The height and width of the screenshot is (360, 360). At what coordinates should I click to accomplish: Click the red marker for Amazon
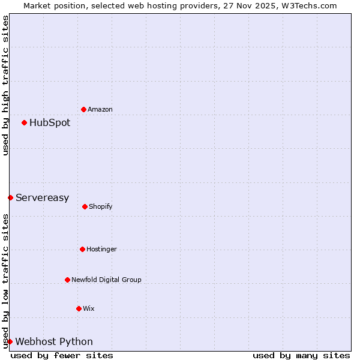[83, 109]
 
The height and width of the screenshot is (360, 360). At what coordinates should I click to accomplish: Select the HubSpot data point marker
[24, 122]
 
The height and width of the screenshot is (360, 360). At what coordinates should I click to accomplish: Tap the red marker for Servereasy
[10, 197]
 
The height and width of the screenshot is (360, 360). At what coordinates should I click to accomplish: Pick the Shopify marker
[85, 206]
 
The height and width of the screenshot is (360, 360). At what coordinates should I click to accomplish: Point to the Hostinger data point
[82, 249]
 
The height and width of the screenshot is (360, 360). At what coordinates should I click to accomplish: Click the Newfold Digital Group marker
[67, 280]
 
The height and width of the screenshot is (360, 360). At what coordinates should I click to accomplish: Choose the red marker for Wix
[79, 308]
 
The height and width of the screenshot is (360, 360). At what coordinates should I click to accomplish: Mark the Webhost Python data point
[10, 341]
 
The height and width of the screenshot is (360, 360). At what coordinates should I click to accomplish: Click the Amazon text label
[100, 109]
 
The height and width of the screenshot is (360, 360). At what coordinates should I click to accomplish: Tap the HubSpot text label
[50, 122]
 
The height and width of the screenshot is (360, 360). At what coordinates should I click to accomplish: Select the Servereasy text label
[42, 197]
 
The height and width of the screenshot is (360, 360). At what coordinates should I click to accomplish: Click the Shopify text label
[101, 206]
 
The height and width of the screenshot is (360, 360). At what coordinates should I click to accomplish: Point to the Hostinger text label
[101, 249]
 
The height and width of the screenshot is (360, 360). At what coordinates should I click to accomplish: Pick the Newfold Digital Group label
[106, 280]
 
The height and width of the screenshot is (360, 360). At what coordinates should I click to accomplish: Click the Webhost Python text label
[54, 341]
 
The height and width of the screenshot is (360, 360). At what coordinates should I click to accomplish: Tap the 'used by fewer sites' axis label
[62, 355]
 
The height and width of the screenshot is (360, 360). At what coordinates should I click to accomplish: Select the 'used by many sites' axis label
[301, 355]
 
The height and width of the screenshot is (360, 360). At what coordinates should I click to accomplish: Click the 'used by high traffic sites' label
[5, 85]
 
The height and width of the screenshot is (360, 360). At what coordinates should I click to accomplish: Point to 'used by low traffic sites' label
[5, 281]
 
